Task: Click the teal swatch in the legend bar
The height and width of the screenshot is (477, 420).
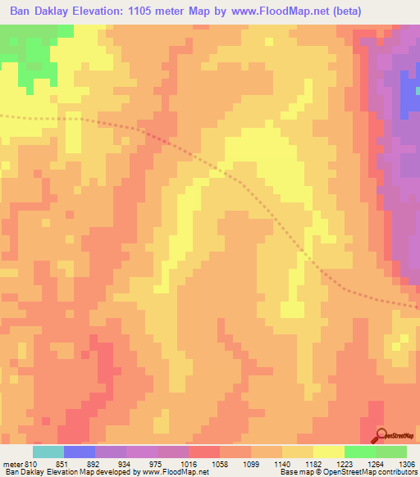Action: click(48, 452)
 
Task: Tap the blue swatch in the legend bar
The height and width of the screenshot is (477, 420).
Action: click(80, 452)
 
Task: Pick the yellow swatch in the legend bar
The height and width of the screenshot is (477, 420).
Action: click(329, 452)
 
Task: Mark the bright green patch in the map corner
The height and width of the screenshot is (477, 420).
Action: click(25, 49)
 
